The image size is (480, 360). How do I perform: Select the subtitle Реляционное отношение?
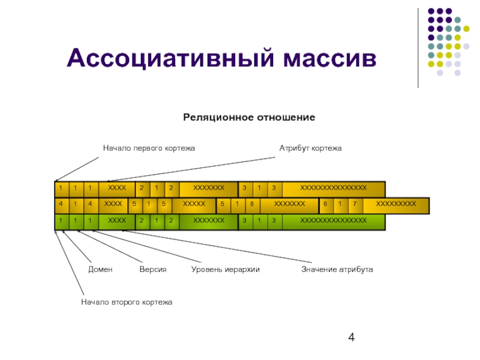pos(249,117)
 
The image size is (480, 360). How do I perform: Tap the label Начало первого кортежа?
pos(149,148)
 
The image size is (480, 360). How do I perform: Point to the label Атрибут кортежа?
pos(310,148)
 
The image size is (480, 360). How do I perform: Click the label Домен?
pos(100,270)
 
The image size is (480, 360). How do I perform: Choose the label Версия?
pos(152,270)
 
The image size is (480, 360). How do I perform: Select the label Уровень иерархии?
pos(225,270)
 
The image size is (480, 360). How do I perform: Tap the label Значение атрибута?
pos(337,270)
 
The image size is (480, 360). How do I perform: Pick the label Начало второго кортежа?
pos(127,302)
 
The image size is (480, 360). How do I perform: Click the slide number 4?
pos(352,338)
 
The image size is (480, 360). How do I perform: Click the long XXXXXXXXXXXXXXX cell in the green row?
pos(333,221)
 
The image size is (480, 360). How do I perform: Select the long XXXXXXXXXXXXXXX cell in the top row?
pos(333,188)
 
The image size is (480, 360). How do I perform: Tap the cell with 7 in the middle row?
pos(355,205)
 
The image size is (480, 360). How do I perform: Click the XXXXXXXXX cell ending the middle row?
pos(395,205)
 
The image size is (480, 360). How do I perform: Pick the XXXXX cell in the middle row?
pos(194,205)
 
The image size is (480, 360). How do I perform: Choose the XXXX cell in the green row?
pos(117,221)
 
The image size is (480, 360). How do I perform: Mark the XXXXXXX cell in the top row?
pos(209,188)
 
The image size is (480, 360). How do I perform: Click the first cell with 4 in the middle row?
pos(61,205)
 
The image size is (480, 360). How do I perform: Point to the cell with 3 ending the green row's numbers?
pos(274,221)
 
